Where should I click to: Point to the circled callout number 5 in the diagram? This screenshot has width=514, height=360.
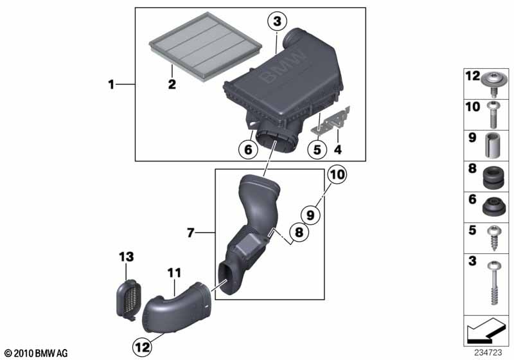(315, 150)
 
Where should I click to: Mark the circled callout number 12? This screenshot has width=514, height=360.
(143, 346)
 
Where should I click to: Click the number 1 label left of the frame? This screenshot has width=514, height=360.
(111, 85)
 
